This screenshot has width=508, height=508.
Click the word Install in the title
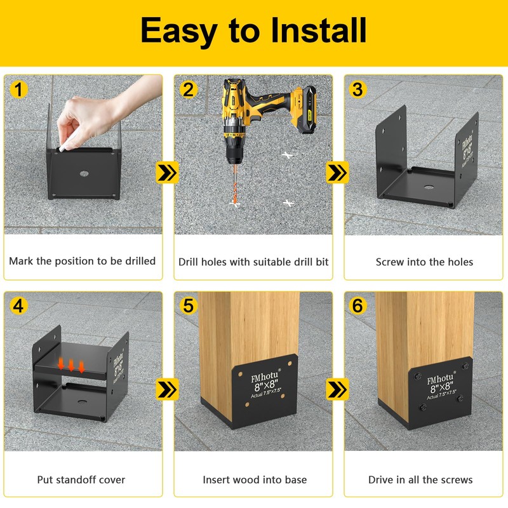pyautogui.click(x=318, y=30)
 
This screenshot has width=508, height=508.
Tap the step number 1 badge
pyautogui.click(x=18, y=89)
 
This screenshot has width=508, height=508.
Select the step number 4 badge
pyautogui.click(x=18, y=306)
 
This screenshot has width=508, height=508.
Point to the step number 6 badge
pyautogui.click(x=358, y=306)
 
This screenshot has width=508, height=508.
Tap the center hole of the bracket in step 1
pyautogui.click(x=84, y=173)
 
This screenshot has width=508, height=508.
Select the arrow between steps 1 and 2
pyautogui.click(x=167, y=172)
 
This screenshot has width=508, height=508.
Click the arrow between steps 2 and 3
pyautogui.click(x=337, y=172)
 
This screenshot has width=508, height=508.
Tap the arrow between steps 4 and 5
pyautogui.click(x=167, y=389)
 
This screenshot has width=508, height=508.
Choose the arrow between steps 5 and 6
pyautogui.click(x=337, y=389)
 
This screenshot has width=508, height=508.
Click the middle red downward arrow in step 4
pyautogui.click(x=71, y=365)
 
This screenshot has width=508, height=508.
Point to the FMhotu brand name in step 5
pyautogui.click(x=265, y=377)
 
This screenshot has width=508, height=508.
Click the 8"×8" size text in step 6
pyautogui.click(x=441, y=387)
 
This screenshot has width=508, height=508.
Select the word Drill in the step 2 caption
pyautogui.click(x=189, y=262)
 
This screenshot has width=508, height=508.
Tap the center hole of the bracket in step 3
pyautogui.click(x=429, y=187)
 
